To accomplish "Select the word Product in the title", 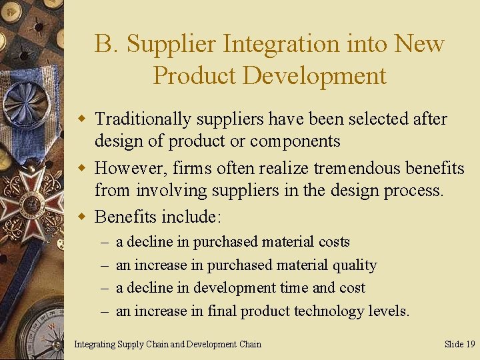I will click(194, 75).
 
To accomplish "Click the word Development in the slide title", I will click(314, 75).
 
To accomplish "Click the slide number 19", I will click(470, 344).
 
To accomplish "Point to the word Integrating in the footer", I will click(94, 344).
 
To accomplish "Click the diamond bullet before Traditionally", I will click(83, 119).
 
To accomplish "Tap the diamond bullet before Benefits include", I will click(83, 217).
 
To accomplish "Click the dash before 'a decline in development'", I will click(105, 288).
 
